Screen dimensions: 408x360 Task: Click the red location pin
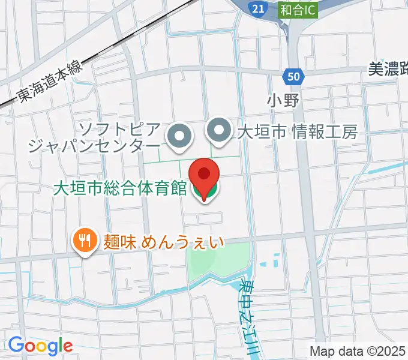(x=204, y=175)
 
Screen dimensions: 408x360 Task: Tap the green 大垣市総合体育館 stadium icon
(x=204, y=191)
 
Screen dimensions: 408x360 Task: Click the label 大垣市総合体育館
(x=120, y=188)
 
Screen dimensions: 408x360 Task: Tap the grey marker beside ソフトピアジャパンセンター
(x=179, y=136)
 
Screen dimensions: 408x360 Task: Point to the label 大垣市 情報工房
(x=298, y=131)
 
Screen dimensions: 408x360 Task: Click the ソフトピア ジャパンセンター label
(x=95, y=137)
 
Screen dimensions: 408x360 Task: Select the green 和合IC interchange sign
(x=298, y=9)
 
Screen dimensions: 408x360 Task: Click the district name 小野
(x=283, y=100)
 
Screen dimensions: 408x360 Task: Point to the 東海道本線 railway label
(x=48, y=83)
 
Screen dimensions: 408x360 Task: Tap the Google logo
(x=40, y=346)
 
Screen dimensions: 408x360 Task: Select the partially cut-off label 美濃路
(x=388, y=70)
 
